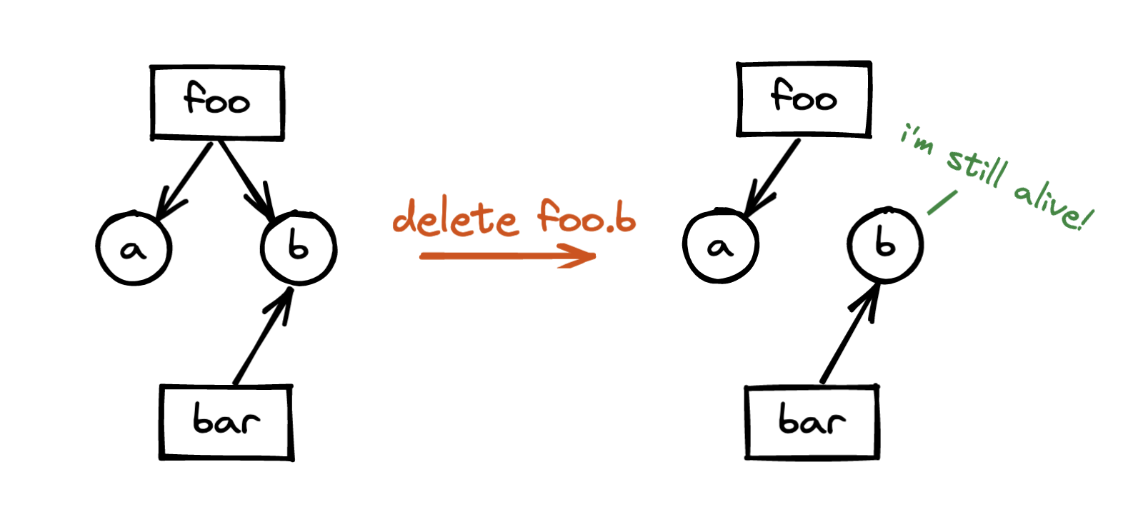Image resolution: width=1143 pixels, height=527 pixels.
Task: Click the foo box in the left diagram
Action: pyautogui.click(x=217, y=102)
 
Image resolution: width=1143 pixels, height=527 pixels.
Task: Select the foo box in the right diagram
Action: pyautogui.click(x=804, y=99)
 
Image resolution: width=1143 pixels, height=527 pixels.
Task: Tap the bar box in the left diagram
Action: pyautogui.click(x=226, y=422)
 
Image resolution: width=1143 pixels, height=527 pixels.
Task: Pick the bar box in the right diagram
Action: pyautogui.click(x=812, y=422)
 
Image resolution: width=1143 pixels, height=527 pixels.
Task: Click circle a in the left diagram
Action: pyautogui.click(x=134, y=249)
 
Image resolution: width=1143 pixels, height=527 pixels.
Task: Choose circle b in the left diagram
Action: pyautogui.click(x=299, y=248)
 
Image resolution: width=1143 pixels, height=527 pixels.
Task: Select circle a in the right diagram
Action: pyautogui.click(x=720, y=246)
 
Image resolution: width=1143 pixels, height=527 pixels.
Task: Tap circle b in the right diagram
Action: pyautogui.click(x=885, y=245)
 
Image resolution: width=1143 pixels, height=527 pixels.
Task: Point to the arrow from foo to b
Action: pyautogui.click(x=246, y=180)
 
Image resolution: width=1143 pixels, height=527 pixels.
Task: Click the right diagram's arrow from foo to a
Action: pyautogui.click(x=772, y=177)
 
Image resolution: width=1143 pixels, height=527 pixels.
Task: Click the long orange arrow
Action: pyautogui.click(x=507, y=256)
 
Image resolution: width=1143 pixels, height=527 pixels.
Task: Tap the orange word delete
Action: pyautogui.click(x=455, y=218)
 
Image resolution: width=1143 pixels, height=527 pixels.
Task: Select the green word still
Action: pyautogui.click(x=977, y=168)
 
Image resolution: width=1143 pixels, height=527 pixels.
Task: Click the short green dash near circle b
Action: pyautogui.click(x=942, y=202)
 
